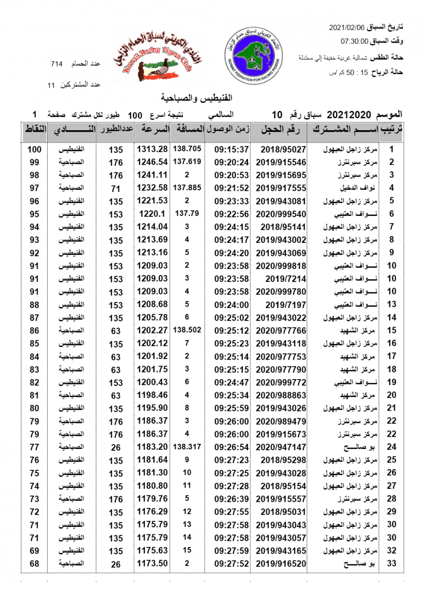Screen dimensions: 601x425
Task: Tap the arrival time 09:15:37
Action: pyautogui.click(x=232, y=149)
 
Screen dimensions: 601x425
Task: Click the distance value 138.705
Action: pyautogui.click(x=187, y=149)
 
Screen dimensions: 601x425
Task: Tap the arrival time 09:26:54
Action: pyautogui.click(x=232, y=447)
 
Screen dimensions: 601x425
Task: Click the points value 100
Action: pyautogui.click(x=35, y=149)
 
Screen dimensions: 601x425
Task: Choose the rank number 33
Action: pyautogui.click(x=392, y=564)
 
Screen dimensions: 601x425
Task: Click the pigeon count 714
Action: pyautogui.click(x=57, y=64)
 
